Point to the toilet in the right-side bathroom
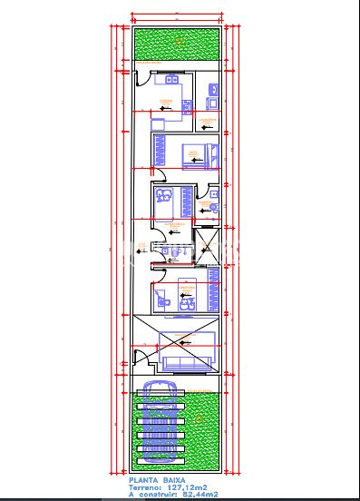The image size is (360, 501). (x=212, y=208)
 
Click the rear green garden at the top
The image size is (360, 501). (x=177, y=44)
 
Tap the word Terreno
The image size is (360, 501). (x=146, y=487)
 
